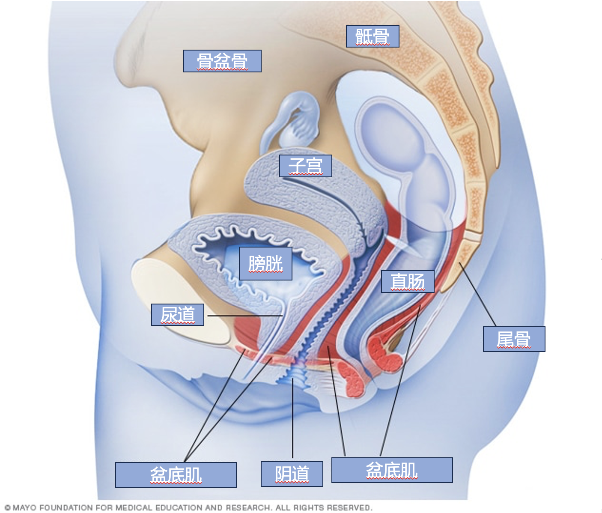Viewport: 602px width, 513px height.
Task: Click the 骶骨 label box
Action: (x=373, y=36)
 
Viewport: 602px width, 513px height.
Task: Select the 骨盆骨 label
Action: (x=222, y=61)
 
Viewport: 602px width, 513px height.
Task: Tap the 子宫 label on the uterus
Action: (x=306, y=166)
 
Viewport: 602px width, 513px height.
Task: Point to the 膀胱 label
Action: (x=265, y=264)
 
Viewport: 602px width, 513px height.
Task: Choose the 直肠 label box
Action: (x=408, y=281)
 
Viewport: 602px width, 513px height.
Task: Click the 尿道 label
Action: (x=178, y=315)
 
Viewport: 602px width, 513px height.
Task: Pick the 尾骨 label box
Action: (x=514, y=339)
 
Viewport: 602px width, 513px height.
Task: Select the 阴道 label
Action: (x=292, y=474)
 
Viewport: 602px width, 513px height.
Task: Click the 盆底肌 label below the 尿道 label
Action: (x=176, y=475)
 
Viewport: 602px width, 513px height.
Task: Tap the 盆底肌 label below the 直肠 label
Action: (x=392, y=470)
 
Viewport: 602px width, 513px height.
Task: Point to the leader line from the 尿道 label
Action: (x=245, y=316)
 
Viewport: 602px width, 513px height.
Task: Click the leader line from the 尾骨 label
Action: (x=477, y=294)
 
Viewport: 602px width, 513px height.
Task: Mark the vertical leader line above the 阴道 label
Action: (x=293, y=418)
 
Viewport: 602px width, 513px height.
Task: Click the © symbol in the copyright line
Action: (x=8, y=507)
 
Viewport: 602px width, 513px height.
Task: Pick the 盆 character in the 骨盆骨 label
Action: (x=222, y=61)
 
